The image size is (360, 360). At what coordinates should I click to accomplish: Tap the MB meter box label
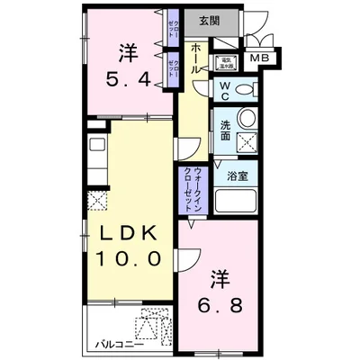(259, 58)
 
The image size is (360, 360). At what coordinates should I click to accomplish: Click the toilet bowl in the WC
(245, 89)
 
